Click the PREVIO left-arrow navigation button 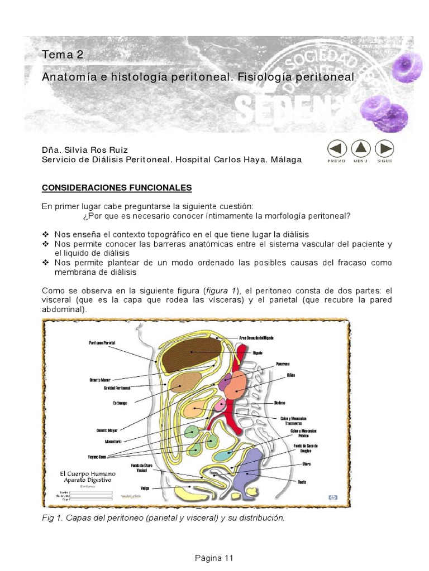(336, 149)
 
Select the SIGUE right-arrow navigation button (384, 149)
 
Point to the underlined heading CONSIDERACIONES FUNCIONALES (117, 187)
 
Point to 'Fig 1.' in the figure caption (53, 518)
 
